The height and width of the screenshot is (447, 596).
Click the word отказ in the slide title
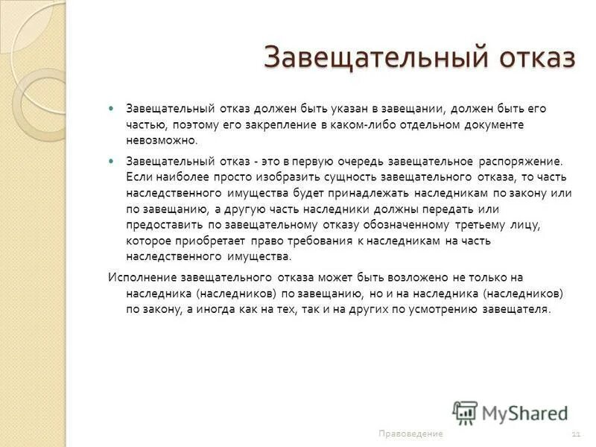coord(530,58)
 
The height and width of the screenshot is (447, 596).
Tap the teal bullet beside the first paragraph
coord(112,108)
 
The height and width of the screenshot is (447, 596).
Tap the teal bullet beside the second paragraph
coord(112,160)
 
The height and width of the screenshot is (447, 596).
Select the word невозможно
coord(163,140)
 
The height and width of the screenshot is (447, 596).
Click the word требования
coord(308,241)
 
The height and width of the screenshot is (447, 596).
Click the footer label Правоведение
coord(410,434)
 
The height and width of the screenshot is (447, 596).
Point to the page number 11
coord(576,434)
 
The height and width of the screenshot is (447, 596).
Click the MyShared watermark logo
coord(510,412)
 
